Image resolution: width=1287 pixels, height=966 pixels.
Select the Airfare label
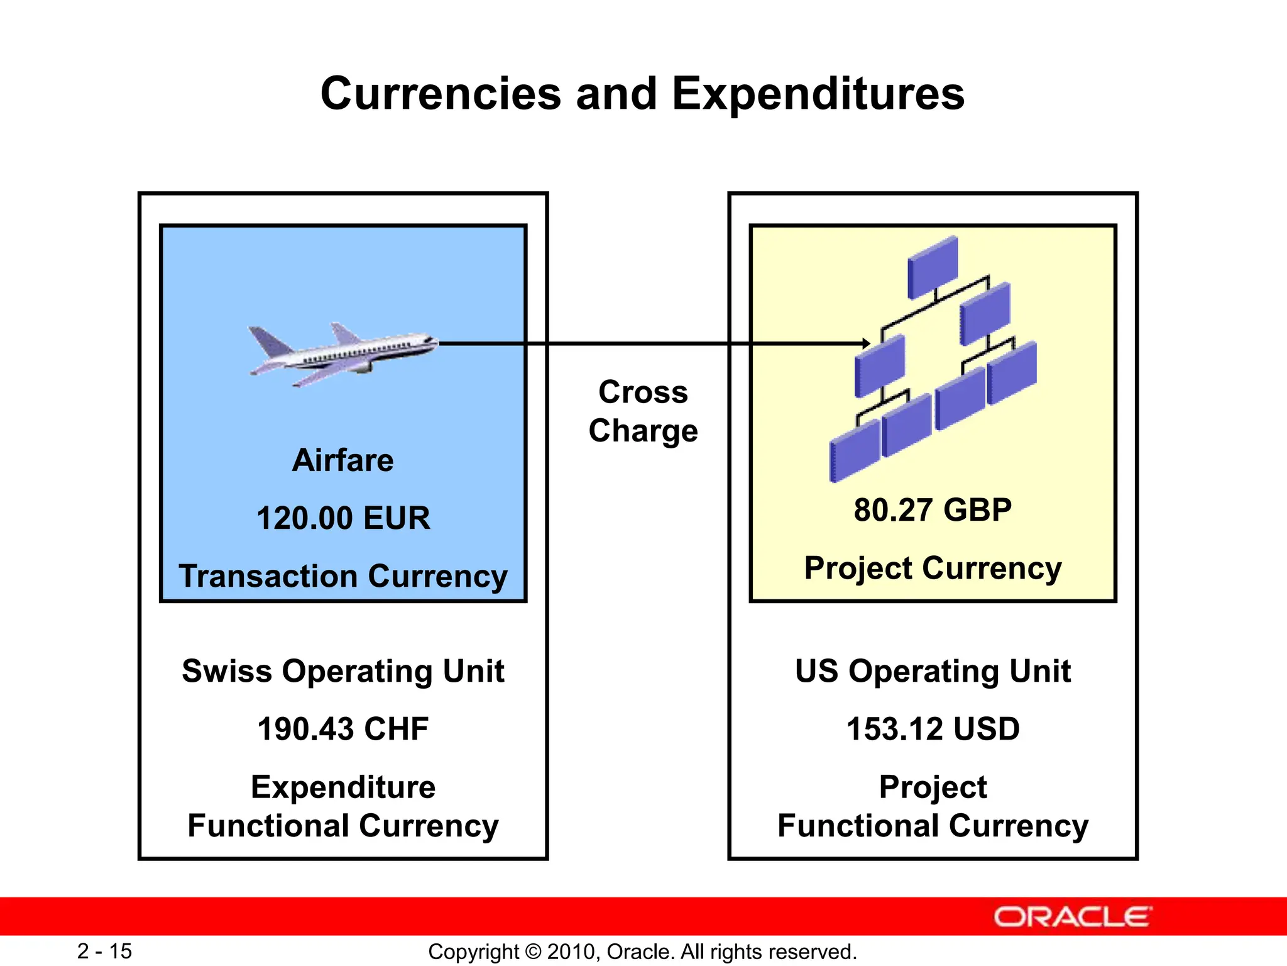343,460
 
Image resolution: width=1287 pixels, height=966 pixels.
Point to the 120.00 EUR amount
343,518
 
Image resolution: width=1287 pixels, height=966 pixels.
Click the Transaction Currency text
343,576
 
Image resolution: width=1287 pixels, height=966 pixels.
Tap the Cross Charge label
643,411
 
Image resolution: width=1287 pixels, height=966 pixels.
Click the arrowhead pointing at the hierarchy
866,343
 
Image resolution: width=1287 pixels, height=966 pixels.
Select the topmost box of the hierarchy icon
933,265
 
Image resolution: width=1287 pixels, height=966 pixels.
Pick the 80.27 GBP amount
933,509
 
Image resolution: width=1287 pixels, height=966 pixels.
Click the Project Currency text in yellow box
933,568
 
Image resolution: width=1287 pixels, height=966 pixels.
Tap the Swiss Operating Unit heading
343,671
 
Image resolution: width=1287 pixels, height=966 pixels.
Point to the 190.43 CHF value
343,729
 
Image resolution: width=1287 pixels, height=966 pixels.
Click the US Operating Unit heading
933,671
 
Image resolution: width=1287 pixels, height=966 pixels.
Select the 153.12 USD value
933,729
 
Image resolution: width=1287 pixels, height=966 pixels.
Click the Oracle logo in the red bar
1073,917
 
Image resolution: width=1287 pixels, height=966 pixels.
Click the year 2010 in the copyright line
567,952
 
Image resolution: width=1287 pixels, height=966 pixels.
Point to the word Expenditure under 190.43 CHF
343,787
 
